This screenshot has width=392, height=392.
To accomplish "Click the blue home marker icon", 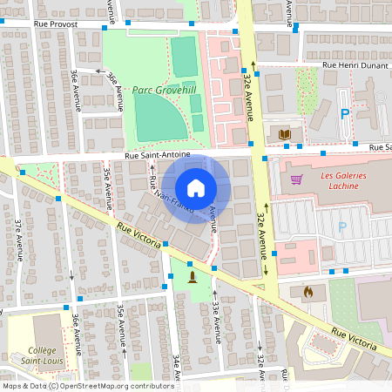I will (196, 188).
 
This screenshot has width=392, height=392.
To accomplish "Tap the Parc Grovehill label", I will (163, 89).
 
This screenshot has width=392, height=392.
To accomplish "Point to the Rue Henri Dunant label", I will (354, 65).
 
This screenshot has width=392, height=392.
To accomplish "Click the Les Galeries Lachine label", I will (344, 180).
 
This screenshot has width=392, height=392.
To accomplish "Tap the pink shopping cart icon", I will (297, 180).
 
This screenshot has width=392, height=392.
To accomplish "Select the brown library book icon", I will (284, 133).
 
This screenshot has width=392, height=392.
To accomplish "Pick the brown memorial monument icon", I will (193, 277).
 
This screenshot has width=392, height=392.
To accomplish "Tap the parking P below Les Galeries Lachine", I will (341, 227).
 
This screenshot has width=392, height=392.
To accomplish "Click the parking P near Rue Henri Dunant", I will (344, 113).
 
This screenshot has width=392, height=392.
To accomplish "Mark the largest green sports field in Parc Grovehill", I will (160, 117).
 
